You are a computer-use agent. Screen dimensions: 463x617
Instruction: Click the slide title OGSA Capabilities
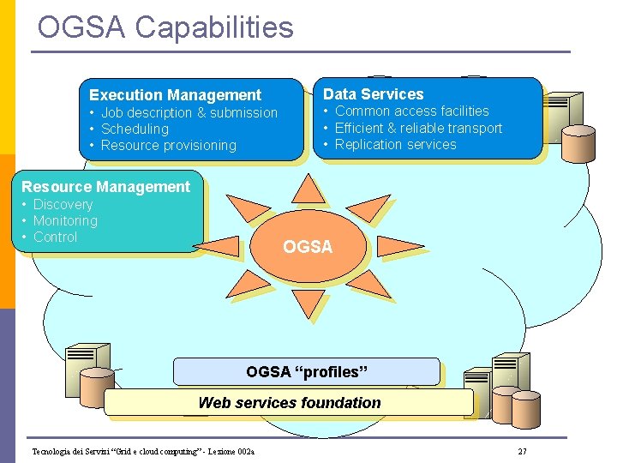tap(165, 27)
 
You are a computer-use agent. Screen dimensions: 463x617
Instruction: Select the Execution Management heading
tap(175, 95)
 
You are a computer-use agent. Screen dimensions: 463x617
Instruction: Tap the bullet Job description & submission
tap(189, 112)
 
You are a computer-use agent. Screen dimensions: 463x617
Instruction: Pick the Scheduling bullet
tap(135, 129)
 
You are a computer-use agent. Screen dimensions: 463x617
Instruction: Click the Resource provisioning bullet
tap(168, 145)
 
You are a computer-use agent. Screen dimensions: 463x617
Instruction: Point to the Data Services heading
tap(373, 94)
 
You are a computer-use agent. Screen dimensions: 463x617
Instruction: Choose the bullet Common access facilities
tap(411, 111)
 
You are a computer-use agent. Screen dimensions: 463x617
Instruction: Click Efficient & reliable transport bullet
tap(418, 128)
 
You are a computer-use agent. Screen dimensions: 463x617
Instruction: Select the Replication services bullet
tap(395, 144)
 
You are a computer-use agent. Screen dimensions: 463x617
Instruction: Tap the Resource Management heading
tap(105, 186)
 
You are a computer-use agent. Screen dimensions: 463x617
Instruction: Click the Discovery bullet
tap(63, 204)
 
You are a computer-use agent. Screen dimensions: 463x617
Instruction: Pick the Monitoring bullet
tap(65, 220)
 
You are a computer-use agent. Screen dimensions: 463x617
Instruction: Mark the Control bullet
tap(55, 237)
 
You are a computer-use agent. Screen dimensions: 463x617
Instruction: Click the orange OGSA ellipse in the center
tap(308, 247)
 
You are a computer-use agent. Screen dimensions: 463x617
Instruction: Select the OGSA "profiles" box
tap(306, 371)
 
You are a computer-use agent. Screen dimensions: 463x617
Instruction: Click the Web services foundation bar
tap(289, 402)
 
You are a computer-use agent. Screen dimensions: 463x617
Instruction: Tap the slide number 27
tap(523, 451)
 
